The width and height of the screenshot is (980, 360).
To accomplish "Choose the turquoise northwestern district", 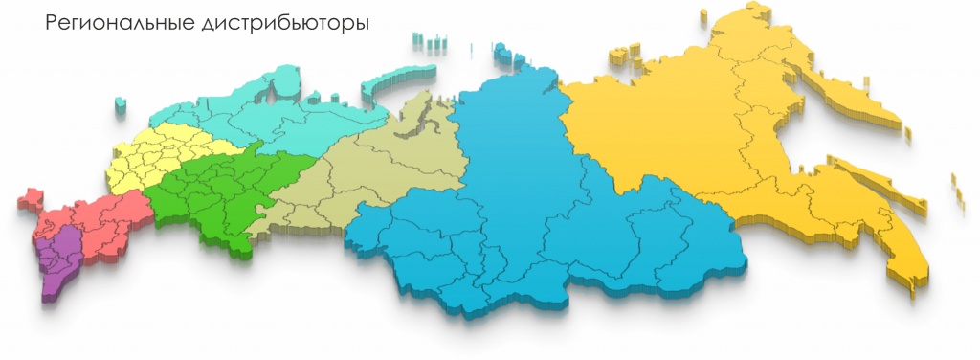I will (287, 115).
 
